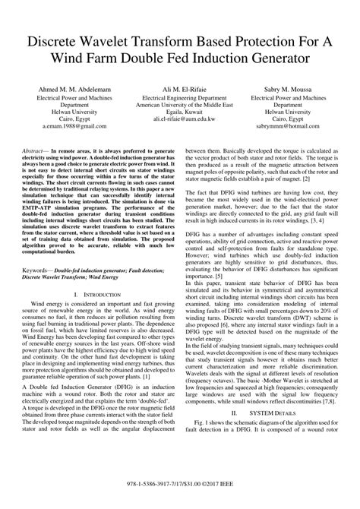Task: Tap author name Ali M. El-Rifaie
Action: click(x=180, y=90)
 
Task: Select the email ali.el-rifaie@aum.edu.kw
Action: click(x=180, y=120)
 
